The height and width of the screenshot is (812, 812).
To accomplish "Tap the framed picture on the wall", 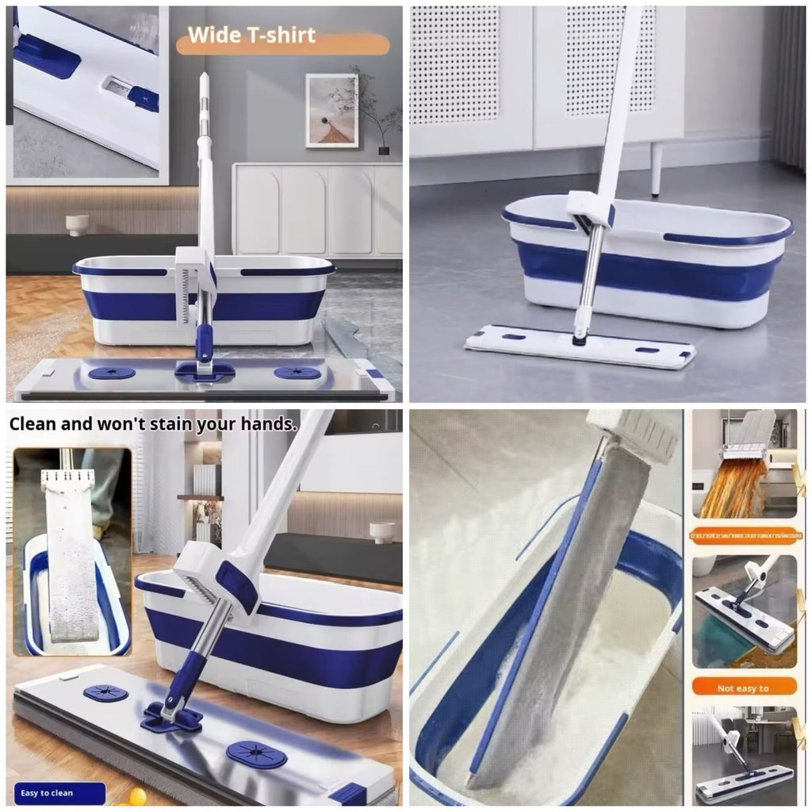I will [x=331, y=110].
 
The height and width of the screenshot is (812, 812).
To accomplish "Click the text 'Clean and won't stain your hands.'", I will [x=153, y=423].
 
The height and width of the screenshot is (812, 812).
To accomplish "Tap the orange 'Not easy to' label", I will [x=743, y=687].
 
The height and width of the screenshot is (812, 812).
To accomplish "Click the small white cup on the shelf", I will [x=78, y=224].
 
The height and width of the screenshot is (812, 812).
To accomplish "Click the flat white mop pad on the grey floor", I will [x=580, y=347].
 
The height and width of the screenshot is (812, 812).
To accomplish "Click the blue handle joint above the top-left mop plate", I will [x=205, y=342].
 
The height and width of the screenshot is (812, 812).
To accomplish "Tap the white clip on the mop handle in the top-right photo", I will [x=590, y=209].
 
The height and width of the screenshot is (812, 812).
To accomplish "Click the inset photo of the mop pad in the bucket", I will [x=71, y=551].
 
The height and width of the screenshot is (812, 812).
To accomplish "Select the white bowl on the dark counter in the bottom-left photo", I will [x=381, y=530].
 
